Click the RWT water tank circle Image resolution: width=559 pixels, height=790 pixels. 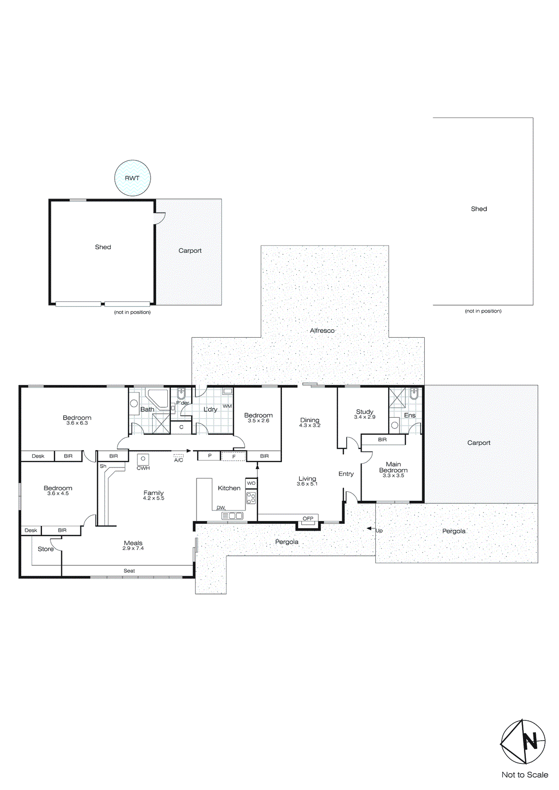[132, 178]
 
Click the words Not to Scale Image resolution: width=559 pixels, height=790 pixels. [524, 775]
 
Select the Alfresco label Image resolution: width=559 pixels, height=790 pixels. [322, 330]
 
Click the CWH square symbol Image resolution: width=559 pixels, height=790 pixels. [143, 459]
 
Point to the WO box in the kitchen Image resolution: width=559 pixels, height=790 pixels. [251, 483]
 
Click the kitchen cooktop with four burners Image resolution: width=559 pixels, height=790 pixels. [251, 498]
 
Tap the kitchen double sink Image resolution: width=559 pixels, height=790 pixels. [232, 515]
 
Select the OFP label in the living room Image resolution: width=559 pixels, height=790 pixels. [308, 518]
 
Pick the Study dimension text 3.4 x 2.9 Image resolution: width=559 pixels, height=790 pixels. [364, 417]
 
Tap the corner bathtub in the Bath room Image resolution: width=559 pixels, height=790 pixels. [158, 398]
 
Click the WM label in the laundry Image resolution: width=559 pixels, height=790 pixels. [227, 406]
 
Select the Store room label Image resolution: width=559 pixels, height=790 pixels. [45, 549]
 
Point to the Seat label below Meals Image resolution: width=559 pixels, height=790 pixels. [129, 571]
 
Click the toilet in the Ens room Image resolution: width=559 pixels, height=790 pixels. [414, 394]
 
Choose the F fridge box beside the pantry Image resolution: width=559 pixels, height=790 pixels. [234, 457]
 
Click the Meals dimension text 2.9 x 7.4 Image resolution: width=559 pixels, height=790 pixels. [133, 549]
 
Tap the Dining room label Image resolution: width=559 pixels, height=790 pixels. [310, 420]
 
